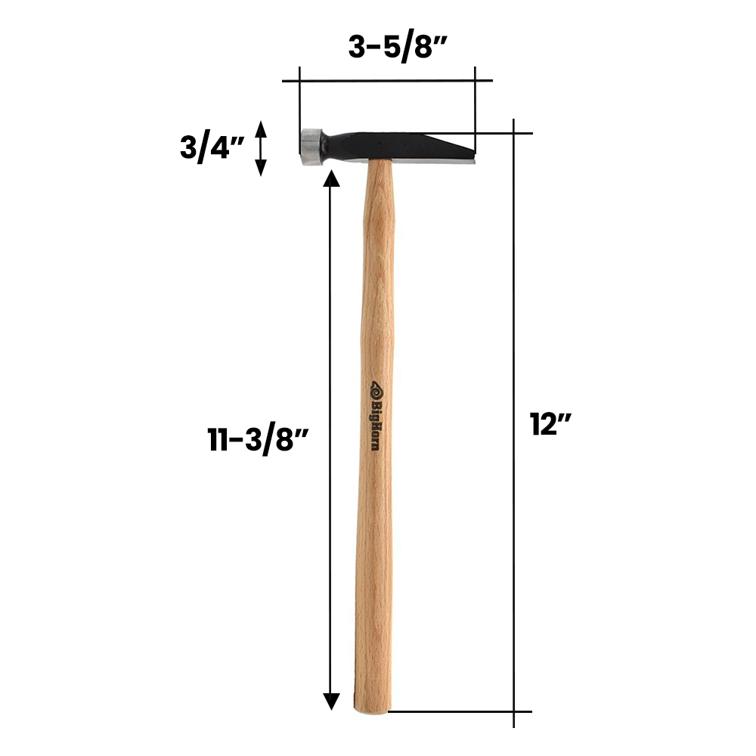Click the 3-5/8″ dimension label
coord(398,48)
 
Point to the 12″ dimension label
coord(550,424)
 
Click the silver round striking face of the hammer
coord(311,147)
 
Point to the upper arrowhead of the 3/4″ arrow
coord(261,128)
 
